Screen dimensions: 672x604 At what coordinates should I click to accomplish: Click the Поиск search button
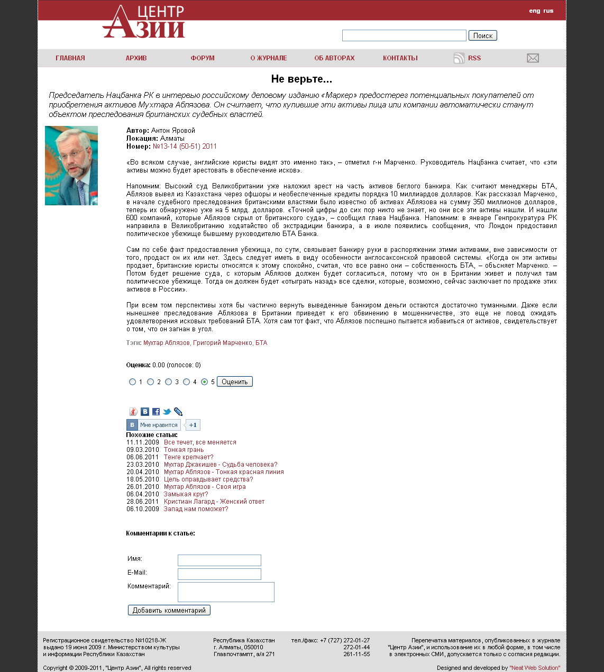[x=482, y=35]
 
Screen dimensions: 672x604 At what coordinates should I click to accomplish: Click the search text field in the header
[x=404, y=35]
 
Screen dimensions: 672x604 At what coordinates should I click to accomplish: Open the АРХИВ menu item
[x=136, y=58]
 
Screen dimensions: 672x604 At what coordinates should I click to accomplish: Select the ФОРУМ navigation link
[x=203, y=58]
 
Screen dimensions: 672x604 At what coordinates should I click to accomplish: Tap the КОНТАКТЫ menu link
[x=400, y=58]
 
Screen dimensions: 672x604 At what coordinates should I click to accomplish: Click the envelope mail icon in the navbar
[x=533, y=58]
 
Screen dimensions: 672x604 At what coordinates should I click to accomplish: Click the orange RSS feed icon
[x=459, y=58]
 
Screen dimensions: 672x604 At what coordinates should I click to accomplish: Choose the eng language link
[x=534, y=11]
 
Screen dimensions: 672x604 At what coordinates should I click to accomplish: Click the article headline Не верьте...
[x=301, y=79]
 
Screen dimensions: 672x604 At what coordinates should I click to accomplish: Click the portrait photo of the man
[x=71, y=166]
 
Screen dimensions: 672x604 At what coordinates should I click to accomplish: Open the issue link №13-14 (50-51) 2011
[x=185, y=147]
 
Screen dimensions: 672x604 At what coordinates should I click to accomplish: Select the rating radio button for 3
[x=168, y=382]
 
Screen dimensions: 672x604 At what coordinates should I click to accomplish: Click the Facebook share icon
[x=156, y=412]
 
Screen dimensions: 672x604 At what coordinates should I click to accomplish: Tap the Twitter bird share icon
[x=167, y=412]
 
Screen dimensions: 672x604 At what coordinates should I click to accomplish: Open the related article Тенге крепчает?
[x=188, y=457]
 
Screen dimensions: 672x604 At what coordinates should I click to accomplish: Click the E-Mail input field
[x=219, y=574]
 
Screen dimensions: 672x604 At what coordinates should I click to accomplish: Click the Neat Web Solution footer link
[x=535, y=668]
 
